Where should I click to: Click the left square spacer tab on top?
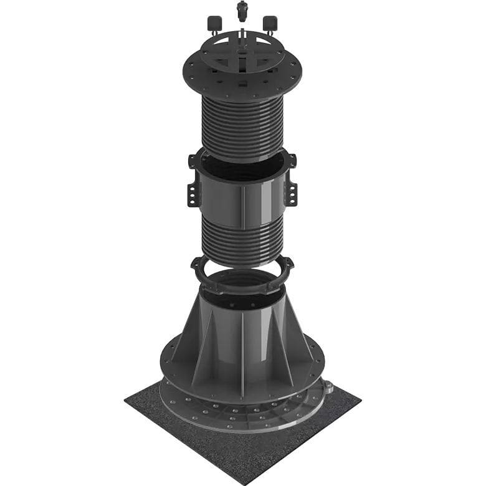coord(214,23)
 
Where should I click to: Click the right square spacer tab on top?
coord(270,23)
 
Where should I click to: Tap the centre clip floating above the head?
coord(242,11)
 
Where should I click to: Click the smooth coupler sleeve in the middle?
coord(242,196)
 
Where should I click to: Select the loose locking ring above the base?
coord(242,277)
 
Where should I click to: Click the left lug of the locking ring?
coord(198,267)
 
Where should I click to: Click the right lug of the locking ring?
coord(288,267)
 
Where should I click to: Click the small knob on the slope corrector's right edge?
coord(328,388)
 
